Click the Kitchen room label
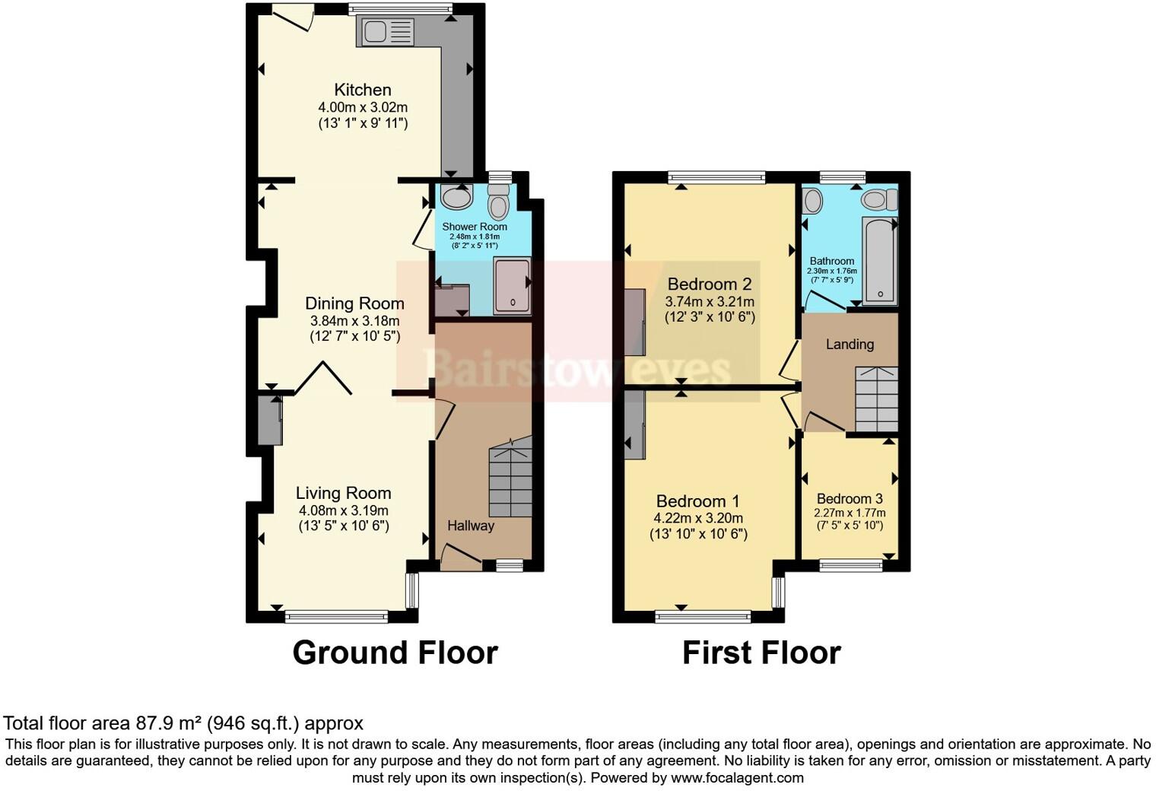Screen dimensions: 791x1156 [x=363, y=90]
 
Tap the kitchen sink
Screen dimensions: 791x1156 [x=388, y=32]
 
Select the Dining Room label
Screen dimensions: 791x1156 [x=354, y=303]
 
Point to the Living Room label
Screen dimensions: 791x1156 [x=343, y=493]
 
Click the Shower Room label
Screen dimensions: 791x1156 [x=475, y=227]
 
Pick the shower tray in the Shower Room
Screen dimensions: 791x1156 [x=512, y=285]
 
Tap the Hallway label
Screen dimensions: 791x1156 [x=470, y=526]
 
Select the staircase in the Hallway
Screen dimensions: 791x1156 [x=510, y=479]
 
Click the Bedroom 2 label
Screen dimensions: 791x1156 [x=709, y=284]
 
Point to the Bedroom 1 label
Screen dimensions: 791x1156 [x=697, y=501]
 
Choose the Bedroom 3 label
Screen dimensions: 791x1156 [x=850, y=499]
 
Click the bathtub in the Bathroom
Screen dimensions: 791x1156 [x=879, y=259]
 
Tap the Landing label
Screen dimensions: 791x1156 [x=850, y=345]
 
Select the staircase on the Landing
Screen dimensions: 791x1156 [x=877, y=399]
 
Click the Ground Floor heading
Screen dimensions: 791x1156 [x=395, y=653]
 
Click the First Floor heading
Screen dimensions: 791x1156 [x=761, y=653]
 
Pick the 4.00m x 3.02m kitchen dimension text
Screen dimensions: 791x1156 [x=363, y=108]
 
